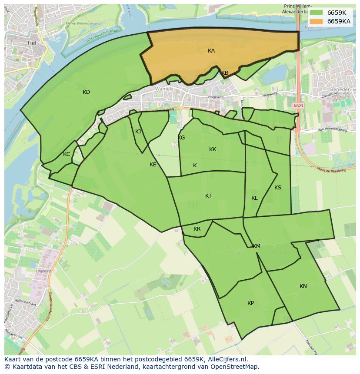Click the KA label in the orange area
click(x=211, y=51)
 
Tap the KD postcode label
click(x=86, y=92)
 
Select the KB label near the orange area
click(x=224, y=73)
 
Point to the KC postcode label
click(x=67, y=154)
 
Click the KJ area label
click(x=138, y=132)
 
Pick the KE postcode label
click(x=153, y=165)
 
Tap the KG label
click(x=181, y=138)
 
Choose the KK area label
click(x=212, y=149)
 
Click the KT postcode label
click(x=208, y=196)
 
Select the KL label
click(x=254, y=198)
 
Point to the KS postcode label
click(x=277, y=188)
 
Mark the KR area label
click(x=197, y=229)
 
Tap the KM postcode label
click(x=257, y=246)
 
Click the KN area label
click(x=303, y=286)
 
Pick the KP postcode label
click(x=250, y=303)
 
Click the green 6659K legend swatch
click(x=317, y=13)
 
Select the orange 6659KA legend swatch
click(x=317, y=21)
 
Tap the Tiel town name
click(x=32, y=43)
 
